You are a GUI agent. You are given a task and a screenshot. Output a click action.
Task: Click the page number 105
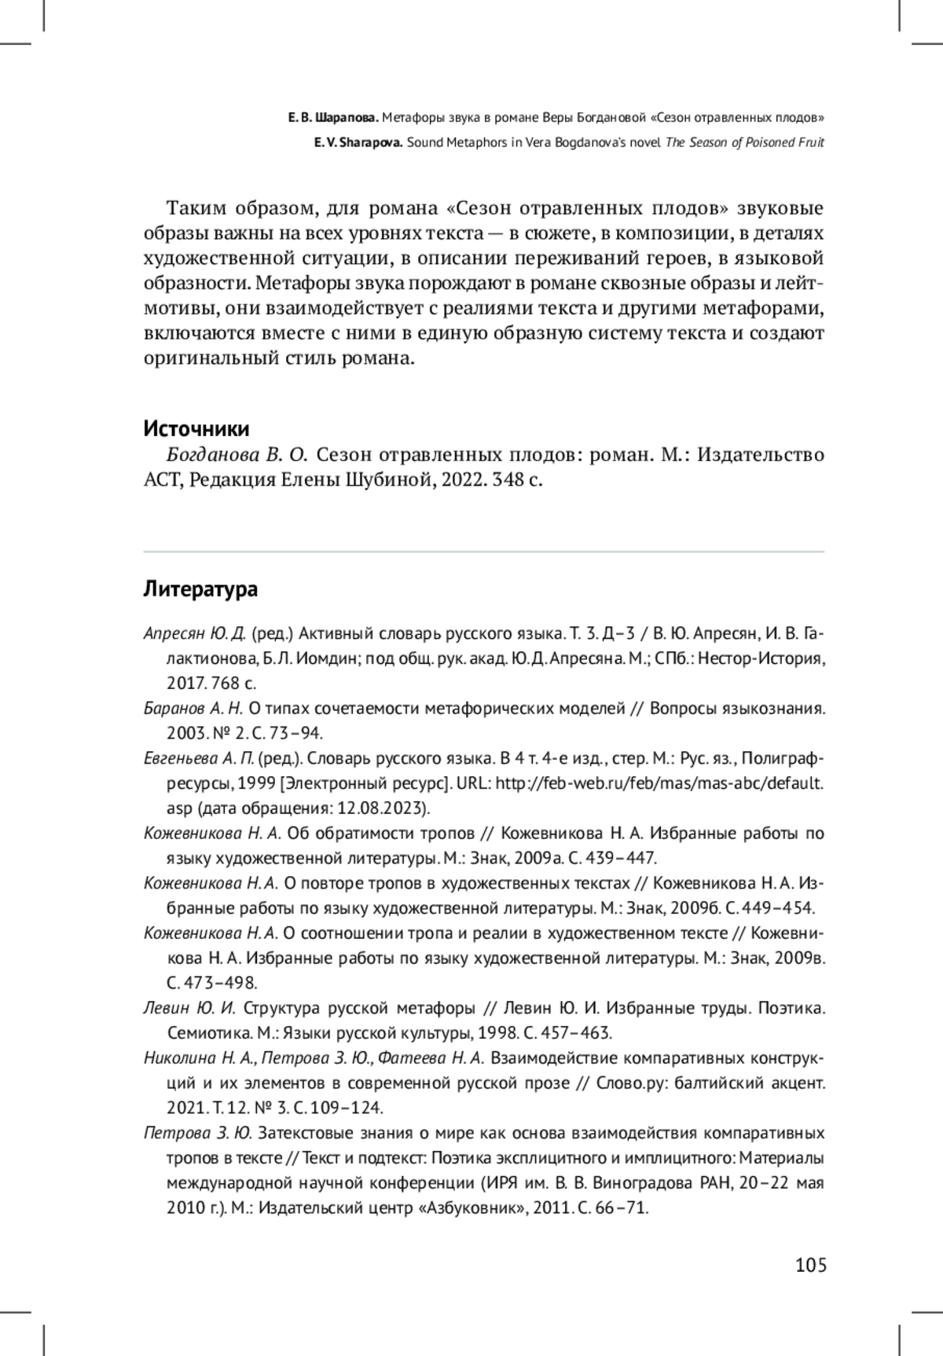(x=811, y=1265)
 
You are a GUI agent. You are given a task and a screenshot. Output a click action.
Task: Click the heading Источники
(x=196, y=429)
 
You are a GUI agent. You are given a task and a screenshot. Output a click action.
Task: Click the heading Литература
(x=200, y=588)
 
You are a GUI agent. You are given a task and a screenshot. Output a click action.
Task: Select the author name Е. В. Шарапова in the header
(x=333, y=119)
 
